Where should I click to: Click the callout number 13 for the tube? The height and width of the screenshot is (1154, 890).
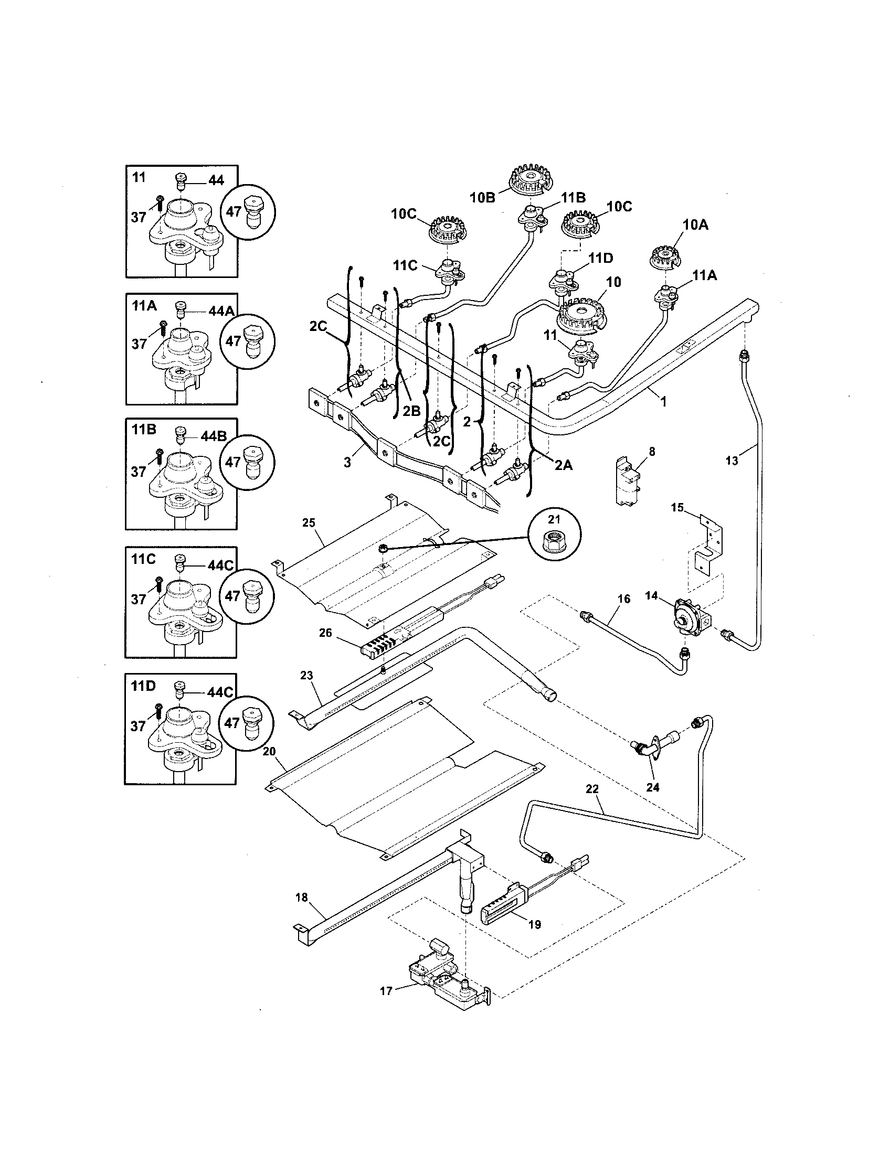(732, 461)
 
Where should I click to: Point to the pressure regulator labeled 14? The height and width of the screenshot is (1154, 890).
(688, 618)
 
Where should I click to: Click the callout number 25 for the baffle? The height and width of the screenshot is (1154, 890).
(309, 523)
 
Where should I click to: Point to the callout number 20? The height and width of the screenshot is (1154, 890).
(269, 751)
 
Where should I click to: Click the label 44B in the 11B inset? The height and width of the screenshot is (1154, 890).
(214, 436)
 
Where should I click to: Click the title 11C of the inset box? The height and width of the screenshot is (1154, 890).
(144, 560)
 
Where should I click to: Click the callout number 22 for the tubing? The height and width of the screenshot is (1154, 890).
(592, 804)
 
